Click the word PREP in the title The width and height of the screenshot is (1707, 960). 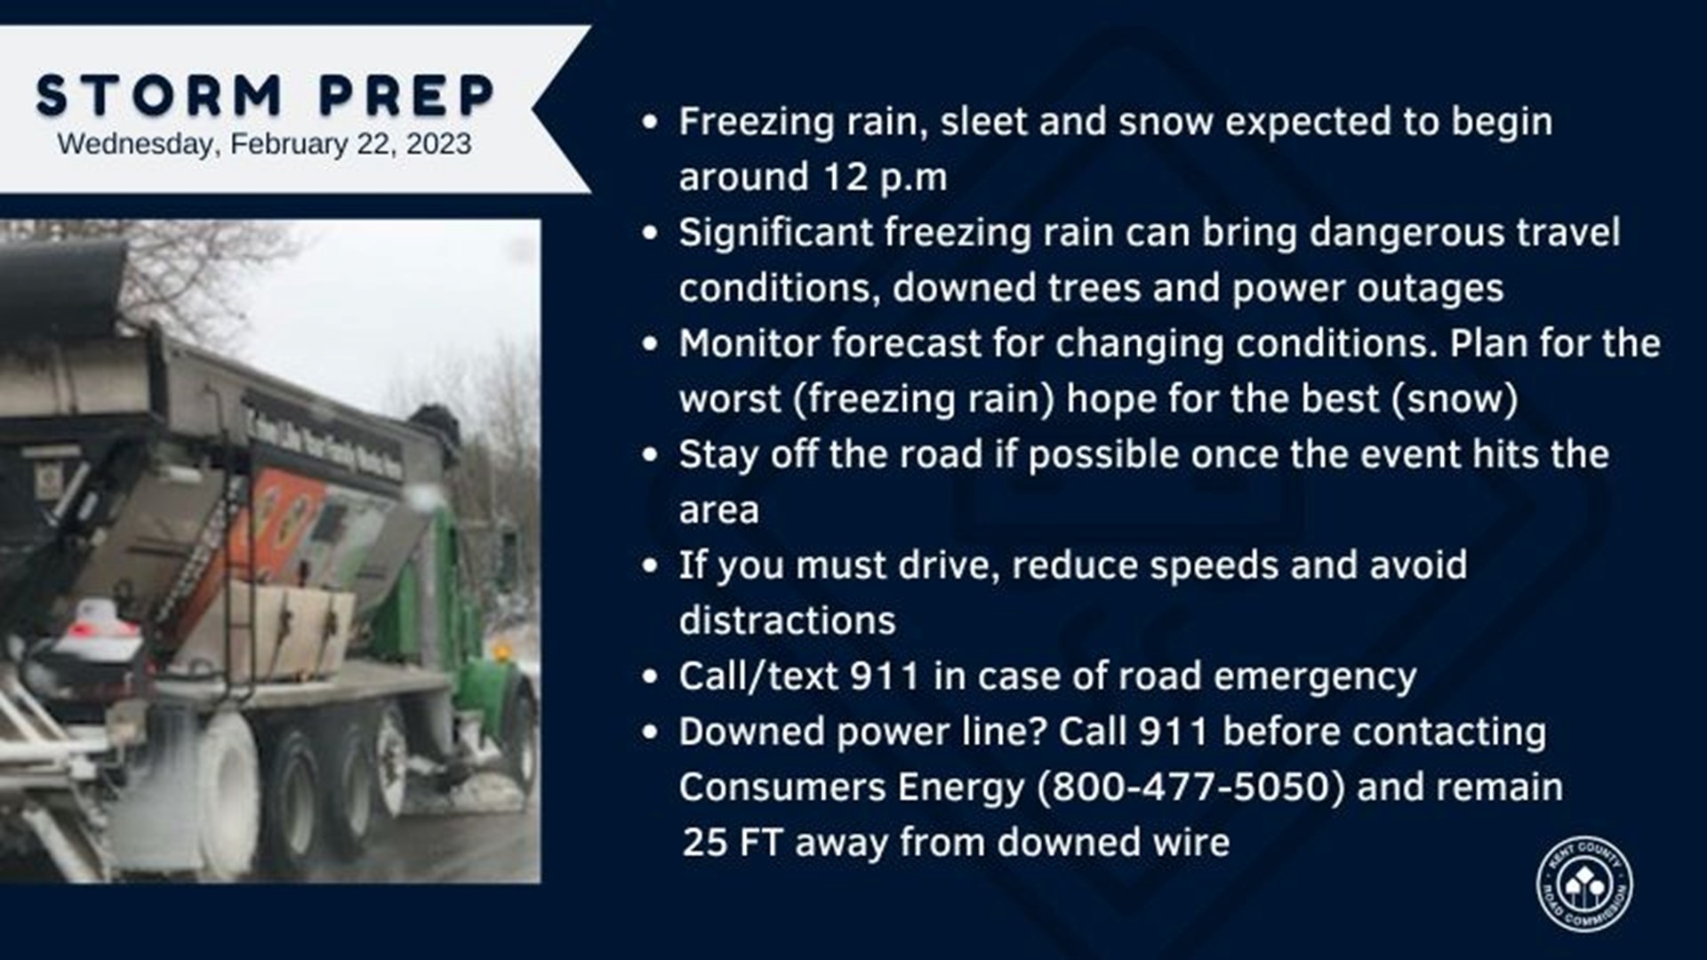coord(407,95)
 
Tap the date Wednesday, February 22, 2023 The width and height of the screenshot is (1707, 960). coord(264,144)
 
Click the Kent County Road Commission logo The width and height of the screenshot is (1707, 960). coord(1584,884)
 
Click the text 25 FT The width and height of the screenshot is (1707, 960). coord(733,843)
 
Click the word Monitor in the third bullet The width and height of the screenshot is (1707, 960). coord(749,344)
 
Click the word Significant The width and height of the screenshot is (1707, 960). coord(775,233)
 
